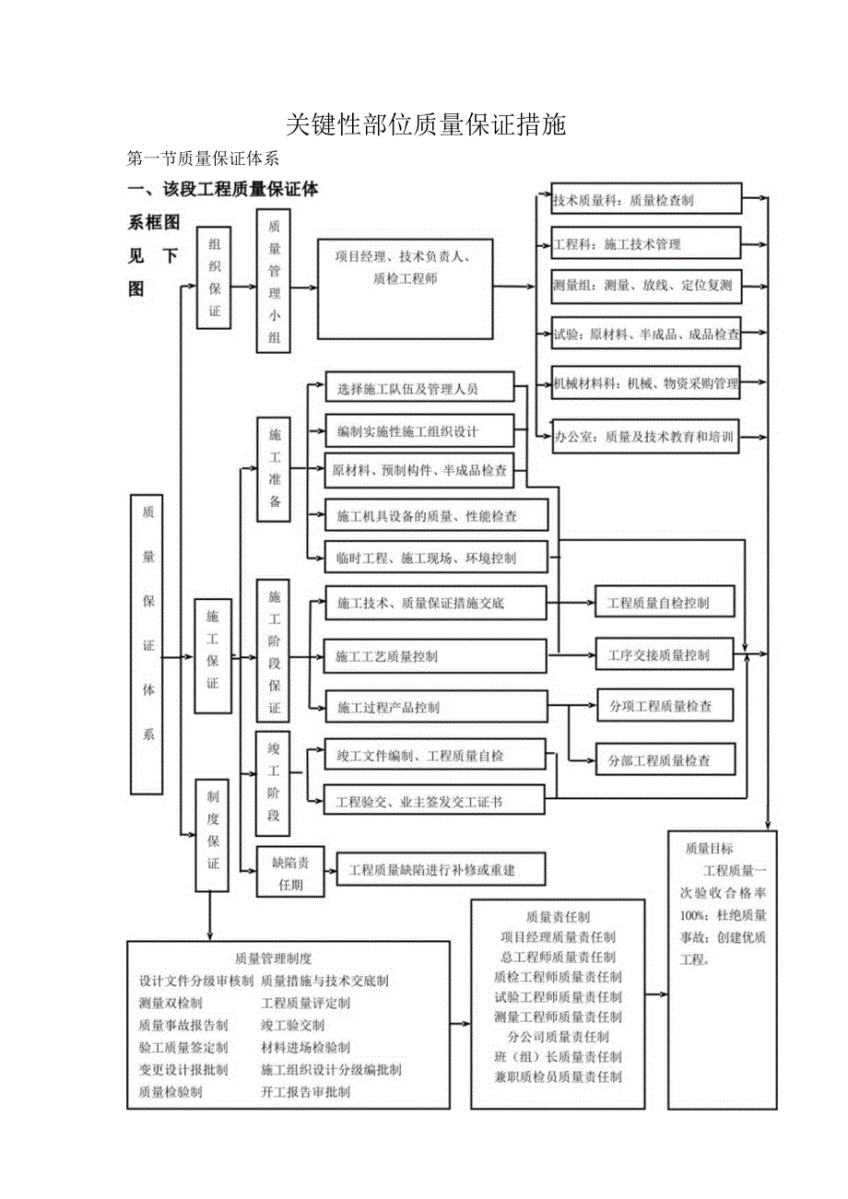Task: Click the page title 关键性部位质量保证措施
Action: pyautogui.click(x=425, y=124)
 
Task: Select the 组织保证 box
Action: pyautogui.click(x=214, y=276)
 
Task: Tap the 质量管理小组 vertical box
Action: pyautogui.click(x=274, y=280)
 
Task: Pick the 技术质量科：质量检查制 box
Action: pyautogui.click(x=645, y=199)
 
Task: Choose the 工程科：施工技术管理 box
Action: pyautogui.click(x=645, y=243)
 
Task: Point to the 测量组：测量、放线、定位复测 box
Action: pyautogui.click(x=645, y=286)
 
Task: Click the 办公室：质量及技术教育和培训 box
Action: pyautogui.click(x=645, y=439)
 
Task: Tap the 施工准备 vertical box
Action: pyautogui.click(x=274, y=468)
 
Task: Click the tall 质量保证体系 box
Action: pyautogui.click(x=147, y=643)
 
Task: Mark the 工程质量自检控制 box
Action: pyautogui.click(x=665, y=604)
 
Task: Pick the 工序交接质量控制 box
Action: pyautogui.click(x=665, y=655)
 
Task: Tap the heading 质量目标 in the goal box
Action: pyautogui.click(x=709, y=849)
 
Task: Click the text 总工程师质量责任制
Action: pyautogui.click(x=558, y=958)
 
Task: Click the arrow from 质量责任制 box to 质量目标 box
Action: pyautogui.click(x=656, y=994)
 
